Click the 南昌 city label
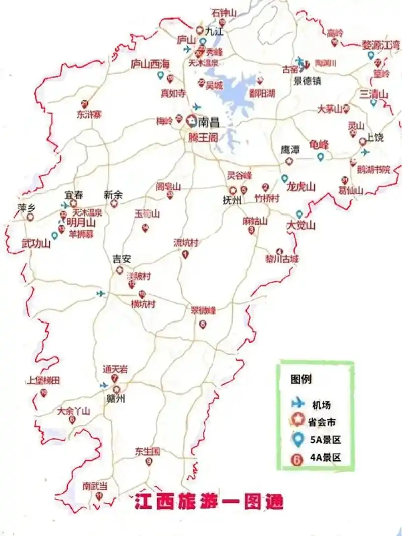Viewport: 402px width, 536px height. pyautogui.click(x=209, y=121)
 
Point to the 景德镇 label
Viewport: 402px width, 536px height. pyautogui.click(x=308, y=80)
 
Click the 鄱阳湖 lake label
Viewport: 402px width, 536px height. pyautogui.click(x=262, y=92)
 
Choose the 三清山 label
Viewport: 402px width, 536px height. pyautogui.click(x=374, y=94)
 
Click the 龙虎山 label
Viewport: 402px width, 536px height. pyautogui.click(x=301, y=187)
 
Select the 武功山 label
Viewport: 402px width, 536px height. pyautogui.click(x=36, y=244)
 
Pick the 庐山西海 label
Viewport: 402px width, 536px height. pyautogui.click(x=150, y=64)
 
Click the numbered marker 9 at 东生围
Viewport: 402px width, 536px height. pyautogui.click(x=149, y=462)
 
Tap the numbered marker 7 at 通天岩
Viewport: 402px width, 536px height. pyautogui.click(x=115, y=379)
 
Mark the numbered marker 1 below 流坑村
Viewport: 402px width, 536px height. pyautogui.click(x=185, y=255)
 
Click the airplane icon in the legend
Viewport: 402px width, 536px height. pyautogui.click(x=298, y=403)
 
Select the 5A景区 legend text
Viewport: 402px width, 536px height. pyautogui.click(x=325, y=440)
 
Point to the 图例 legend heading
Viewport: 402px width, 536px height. pyautogui.click(x=301, y=379)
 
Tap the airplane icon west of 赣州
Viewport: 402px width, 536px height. pyautogui.click(x=104, y=385)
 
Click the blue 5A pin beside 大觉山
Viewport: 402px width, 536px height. pyautogui.click(x=299, y=215)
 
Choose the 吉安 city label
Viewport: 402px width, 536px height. pyautogui.click(x=121, y=259)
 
